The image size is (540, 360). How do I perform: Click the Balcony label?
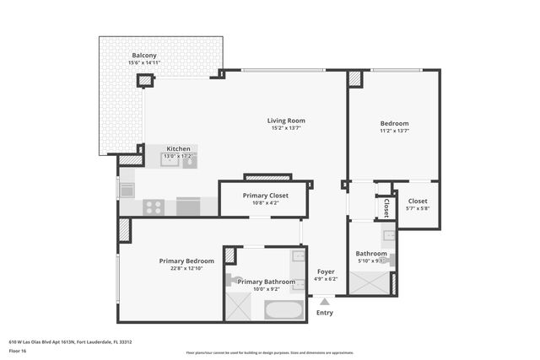(x=144, y=55)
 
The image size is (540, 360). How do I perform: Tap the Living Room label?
(x=286, y=121)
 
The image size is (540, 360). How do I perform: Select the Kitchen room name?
(x=178, y=148)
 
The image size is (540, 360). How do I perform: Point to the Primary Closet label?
(x=266, y=195)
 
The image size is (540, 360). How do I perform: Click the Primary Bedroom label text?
(x=186, y=261)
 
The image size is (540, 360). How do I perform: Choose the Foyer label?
(x=325, y=271)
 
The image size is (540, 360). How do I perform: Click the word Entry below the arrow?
(x=325, y=313)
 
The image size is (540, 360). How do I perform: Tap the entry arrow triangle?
(x=325, y=299)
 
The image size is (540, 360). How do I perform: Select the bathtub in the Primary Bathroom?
(x=284, y=309)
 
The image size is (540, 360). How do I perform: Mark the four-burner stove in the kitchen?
(x=154, y=206)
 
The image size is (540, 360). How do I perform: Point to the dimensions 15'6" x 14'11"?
(x=144, y=63)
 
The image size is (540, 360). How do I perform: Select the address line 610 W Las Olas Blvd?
(x=70, y=341)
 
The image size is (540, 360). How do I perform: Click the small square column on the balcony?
(x=145, y=81)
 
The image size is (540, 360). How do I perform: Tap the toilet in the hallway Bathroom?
(x=386, y=261)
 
